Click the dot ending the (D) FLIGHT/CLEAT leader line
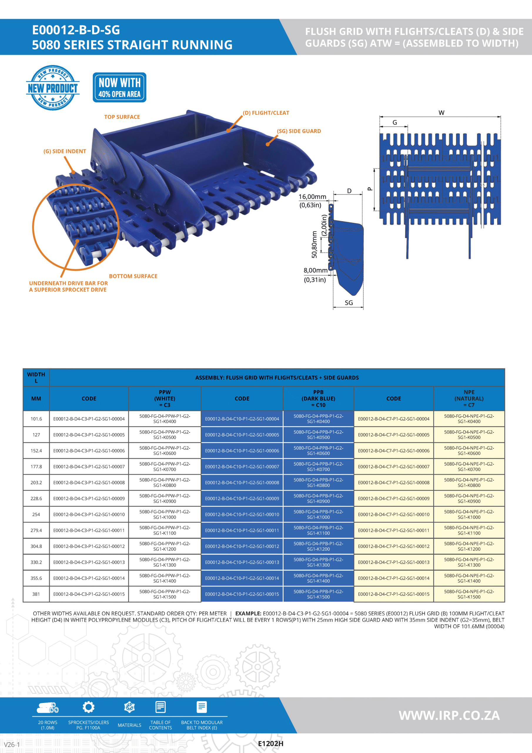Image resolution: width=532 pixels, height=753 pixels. pyautogui.click(x=228, y=131)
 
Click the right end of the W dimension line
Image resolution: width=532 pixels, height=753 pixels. pyautogui.click(x=501, y=117)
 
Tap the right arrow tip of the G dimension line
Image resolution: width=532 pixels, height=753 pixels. pyautogui.click(x=407, y=126)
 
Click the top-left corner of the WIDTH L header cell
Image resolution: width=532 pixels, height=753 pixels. pyautogui.click(x=23, y=369)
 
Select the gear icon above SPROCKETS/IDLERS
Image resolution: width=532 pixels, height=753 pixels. pyautogui.click(x=88, y=707)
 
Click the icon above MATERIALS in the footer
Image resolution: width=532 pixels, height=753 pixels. pyautogui.click(x=130, y=707)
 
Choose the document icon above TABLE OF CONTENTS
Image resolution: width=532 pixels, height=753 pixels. pyautogui.click(x=160, y=707)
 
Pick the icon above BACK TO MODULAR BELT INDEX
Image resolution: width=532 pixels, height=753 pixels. pyautogui.click(x=202, y=707)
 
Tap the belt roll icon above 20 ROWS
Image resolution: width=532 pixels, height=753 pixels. pyautogui.click(x=48, y=708)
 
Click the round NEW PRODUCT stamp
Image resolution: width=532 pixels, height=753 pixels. pyautogui.click(x=53, y=88)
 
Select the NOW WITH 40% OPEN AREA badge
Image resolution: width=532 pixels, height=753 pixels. pyautogui.click(x=120, y=88)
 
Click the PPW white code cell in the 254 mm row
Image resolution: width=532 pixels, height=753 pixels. pyautogui.click(x=165, y=514)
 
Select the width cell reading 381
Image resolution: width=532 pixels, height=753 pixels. pyautogui.click(x=36, y=594)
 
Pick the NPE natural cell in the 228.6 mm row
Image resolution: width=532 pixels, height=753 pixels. pyautogui.click(x=469, y=499)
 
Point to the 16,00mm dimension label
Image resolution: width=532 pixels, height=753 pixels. pyautogui.click(x=312, y=197)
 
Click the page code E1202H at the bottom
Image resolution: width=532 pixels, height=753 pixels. pyautogui.click(x=271, y=744)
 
